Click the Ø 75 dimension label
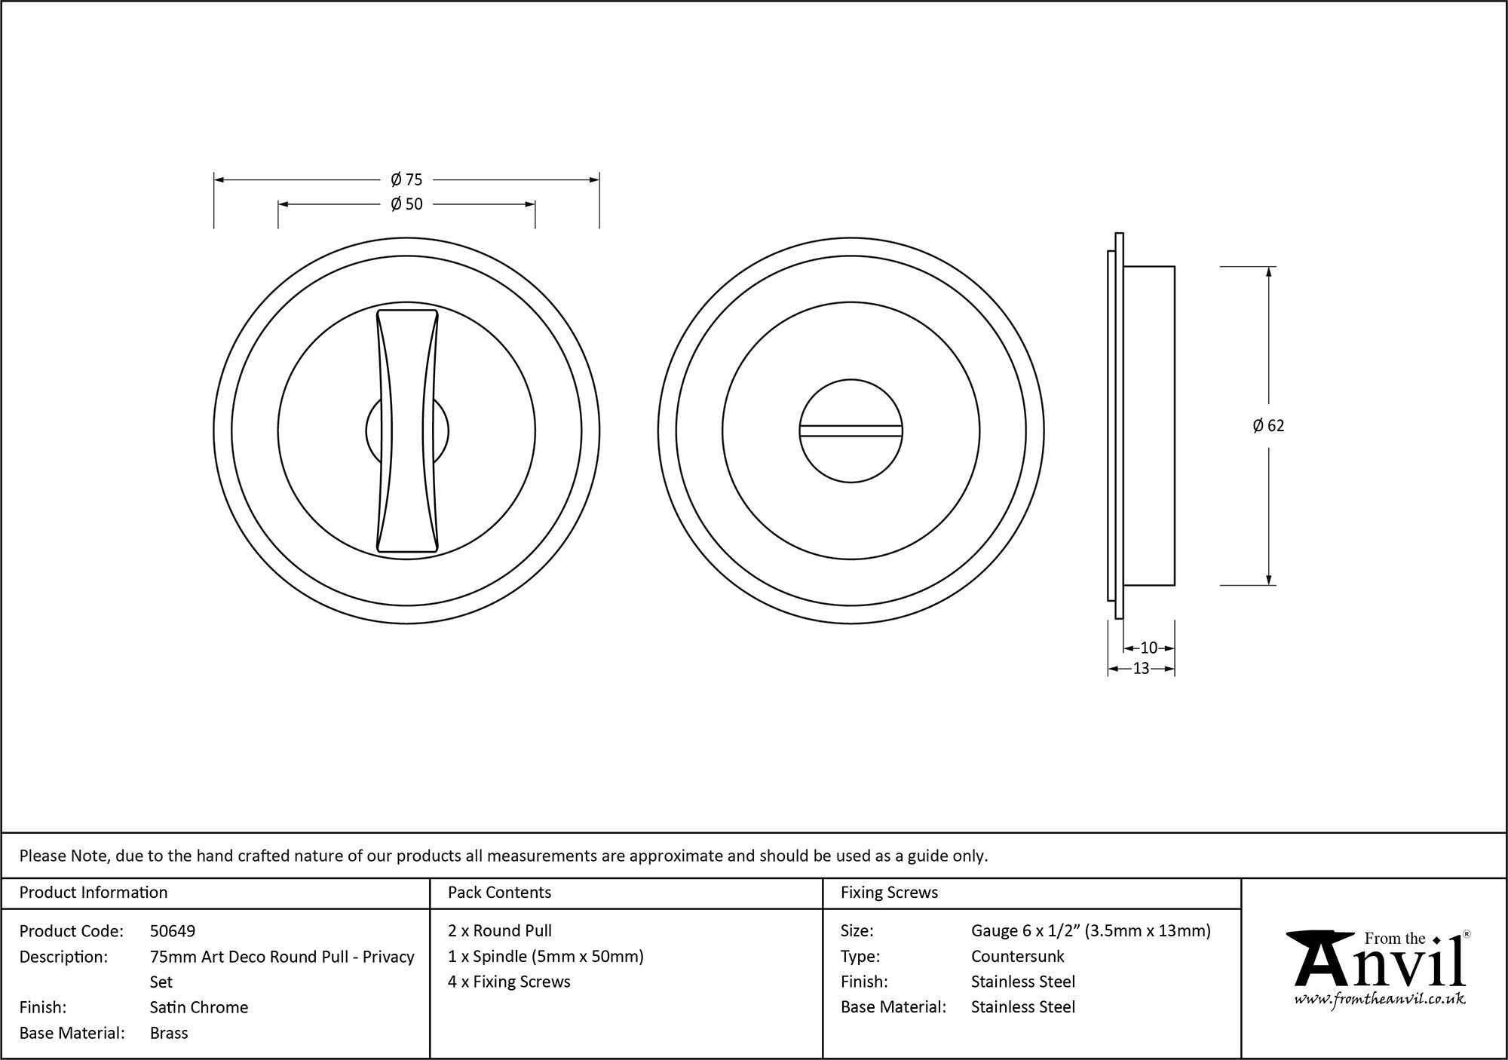click(x=406, y=180)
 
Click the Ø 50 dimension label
click(x=406, y=204)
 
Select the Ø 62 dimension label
click(x=1268, y=426)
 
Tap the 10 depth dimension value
click(x=1148, y=648)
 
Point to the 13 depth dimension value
click(x=1141, y=669)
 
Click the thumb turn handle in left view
click(x=407, y=431)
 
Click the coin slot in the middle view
click(x=851, y=431)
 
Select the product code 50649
click(x=173, y=931)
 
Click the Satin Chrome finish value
click(x=199, y=1007)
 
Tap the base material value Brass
click(x=169, y=1033)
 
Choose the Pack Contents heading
click(x=499, y=893)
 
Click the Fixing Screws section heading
click(x=889, y=893)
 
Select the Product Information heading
click(x=93, y=893)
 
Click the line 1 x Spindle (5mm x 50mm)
click(x=545, y=957)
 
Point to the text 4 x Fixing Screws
click(x=509, y=982)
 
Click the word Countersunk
click(x=1017, y=957)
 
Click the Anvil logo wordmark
click(x=1380, y=964)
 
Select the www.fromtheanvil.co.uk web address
click(x=1380, y=1000)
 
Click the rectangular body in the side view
click(x=1149, y=426)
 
